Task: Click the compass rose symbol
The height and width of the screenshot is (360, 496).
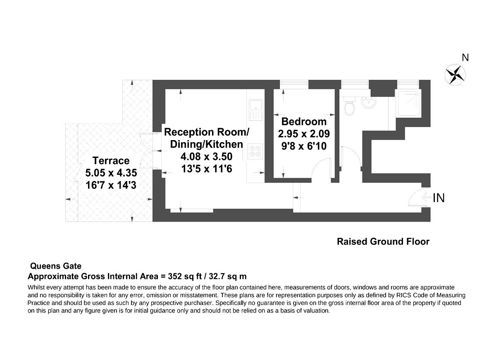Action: pyautogui.click(x=455, y=75)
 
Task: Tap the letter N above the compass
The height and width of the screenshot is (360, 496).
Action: pyautogui.click(x=465, y=58)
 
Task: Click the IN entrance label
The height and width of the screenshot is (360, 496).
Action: pyautogui.click(x=439, y=198)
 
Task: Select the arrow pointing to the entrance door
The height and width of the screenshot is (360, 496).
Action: pyautogui.click(x=426, y=198)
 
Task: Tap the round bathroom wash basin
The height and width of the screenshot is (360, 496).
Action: pyautogui.click(x=369, y=103)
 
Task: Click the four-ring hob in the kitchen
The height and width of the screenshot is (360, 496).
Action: pyautogui.click(x=254, y=151)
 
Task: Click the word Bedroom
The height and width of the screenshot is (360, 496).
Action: pyautogui.click(x=304, y=122)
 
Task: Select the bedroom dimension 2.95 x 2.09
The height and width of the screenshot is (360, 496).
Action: pyautogui.click(x=304, y=134)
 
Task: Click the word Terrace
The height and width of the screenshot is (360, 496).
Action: pyautogui.click(x=111, y=160)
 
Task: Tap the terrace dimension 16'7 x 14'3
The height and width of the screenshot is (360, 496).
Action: pyautogui.click(x=111, y=185)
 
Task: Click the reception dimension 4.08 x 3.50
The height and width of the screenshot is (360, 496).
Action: pyautogui.click(x=207, y=156)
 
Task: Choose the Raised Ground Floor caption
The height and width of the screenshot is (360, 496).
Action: pyautogui.click(x=383, y=241)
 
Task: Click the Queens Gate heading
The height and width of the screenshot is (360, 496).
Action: pyautogui.click(x=56, y=266)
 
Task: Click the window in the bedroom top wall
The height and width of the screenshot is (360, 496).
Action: pyautogui.click(x=294, y=84)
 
